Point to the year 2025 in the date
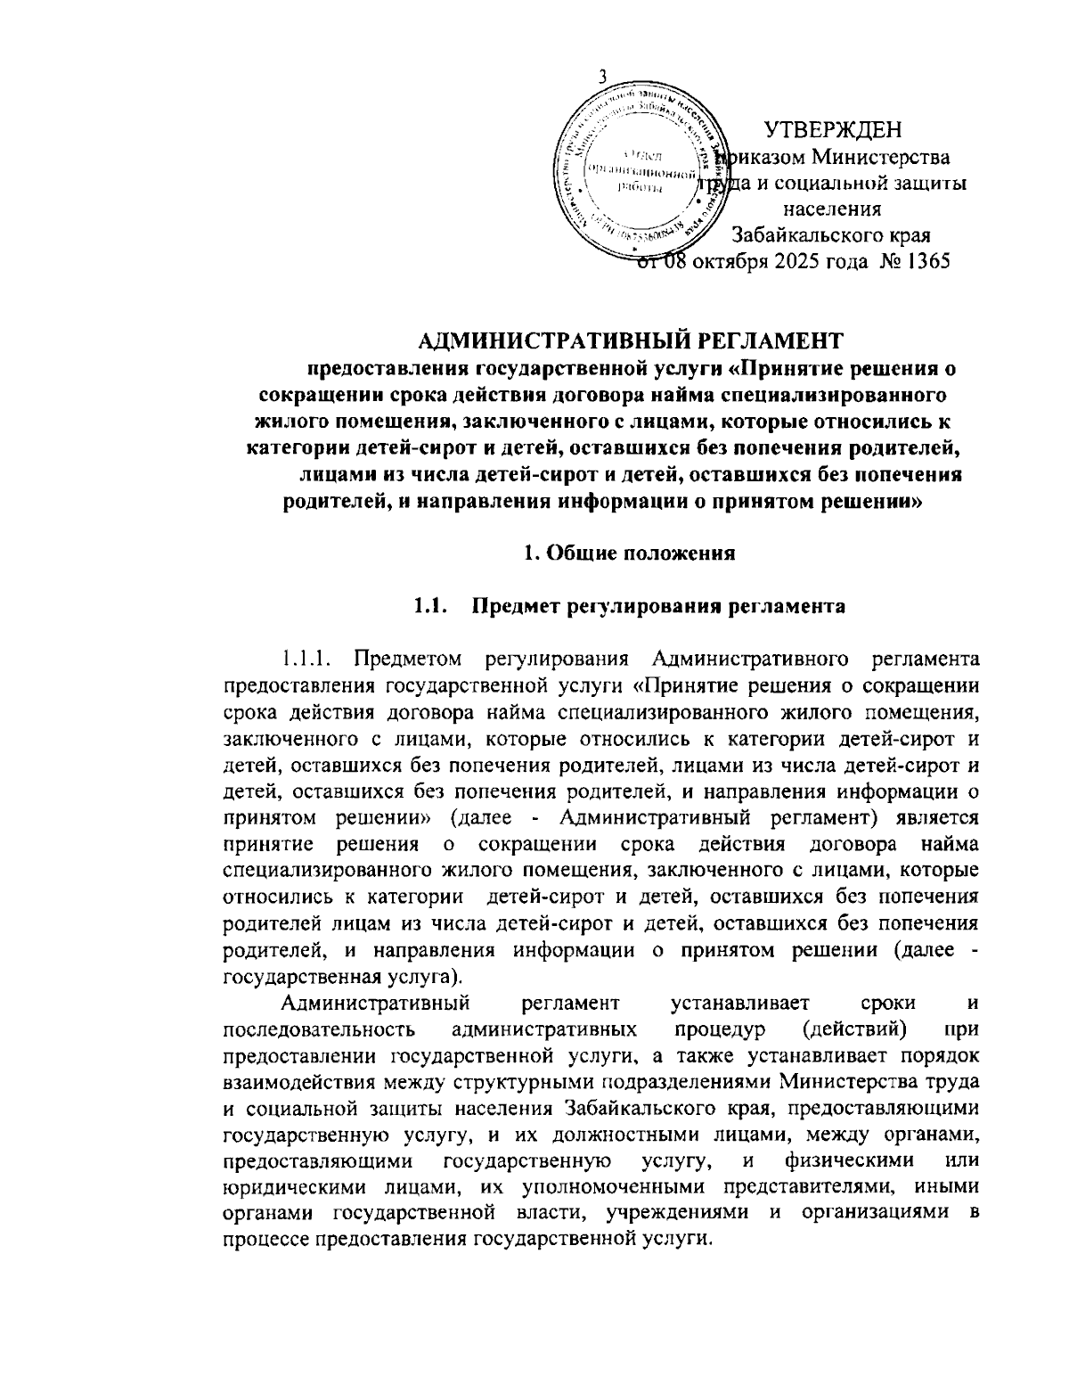(768, 261)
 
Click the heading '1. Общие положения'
(628, 553)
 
